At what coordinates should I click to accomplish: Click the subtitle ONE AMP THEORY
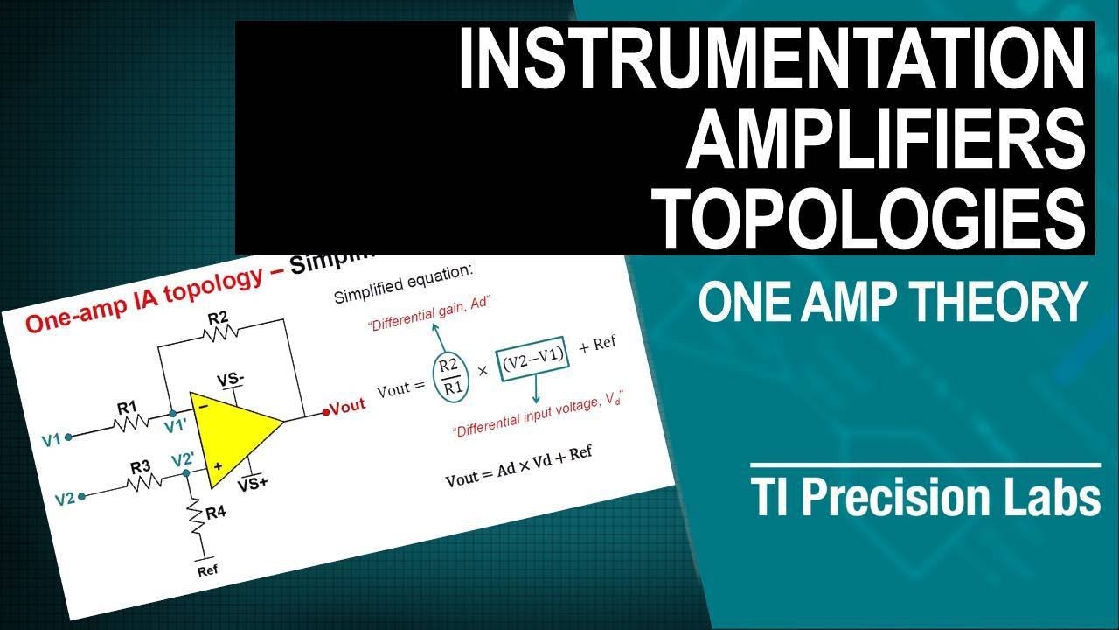(891, 302)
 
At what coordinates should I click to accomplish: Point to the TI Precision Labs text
(926, 498)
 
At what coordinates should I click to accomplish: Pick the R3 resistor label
(141, 466)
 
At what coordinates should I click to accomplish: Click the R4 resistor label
(214, 513)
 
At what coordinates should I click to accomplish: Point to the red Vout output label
(346, 407)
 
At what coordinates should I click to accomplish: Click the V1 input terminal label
(52, 439)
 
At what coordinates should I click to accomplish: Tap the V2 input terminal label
(65, 500)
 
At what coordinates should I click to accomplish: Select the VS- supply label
(231, 380)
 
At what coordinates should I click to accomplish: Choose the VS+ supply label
(252, 482)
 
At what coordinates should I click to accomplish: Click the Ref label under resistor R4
(207, 570)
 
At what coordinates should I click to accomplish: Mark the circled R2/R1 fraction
(450, 377)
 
